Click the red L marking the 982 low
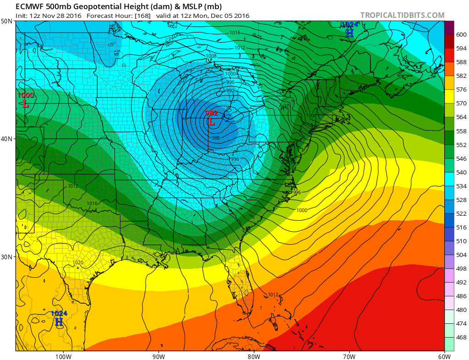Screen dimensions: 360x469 coord(211,122)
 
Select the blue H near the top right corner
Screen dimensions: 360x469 coord(349,33)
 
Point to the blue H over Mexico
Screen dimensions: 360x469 coord(59,322)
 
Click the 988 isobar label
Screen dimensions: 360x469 coord(216,138)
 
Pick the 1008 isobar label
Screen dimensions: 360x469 coord(211,56)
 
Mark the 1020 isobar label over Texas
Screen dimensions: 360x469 coord(78,262)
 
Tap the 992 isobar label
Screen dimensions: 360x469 coord(230,91)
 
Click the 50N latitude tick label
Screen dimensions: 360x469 coord(7,21)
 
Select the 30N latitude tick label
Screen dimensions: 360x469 coord(7,256)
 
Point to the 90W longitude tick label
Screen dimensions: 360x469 coord(158,356)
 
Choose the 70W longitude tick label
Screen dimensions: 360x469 coord(349,356)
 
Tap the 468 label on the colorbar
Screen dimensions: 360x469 coord(461,338)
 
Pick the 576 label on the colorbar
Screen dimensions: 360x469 coord(461,90)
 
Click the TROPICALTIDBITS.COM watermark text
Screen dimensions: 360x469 coord(402,15)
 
